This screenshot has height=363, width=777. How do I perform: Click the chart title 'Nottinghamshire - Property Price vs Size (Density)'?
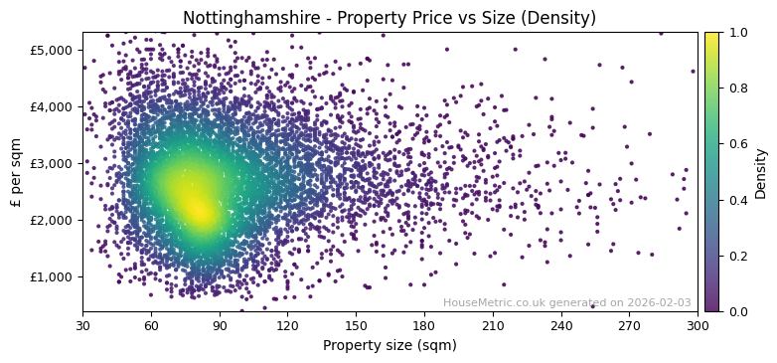point(389,18)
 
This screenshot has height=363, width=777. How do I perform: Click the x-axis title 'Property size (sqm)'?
point(389,346)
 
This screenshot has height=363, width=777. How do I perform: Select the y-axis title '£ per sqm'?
point(16,171)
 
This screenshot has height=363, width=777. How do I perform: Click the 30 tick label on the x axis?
point(82,325)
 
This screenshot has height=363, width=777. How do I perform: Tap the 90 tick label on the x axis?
point(220,325)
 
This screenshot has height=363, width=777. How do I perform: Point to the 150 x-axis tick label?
point(356,325)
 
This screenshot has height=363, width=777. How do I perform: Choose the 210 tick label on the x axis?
point(493,325)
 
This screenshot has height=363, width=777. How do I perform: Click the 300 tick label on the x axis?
point(698,325)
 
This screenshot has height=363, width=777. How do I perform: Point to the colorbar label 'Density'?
point(761,172)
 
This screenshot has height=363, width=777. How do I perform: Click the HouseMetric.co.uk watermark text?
point(567,303)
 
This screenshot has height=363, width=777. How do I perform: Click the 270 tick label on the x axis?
point(629,325)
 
